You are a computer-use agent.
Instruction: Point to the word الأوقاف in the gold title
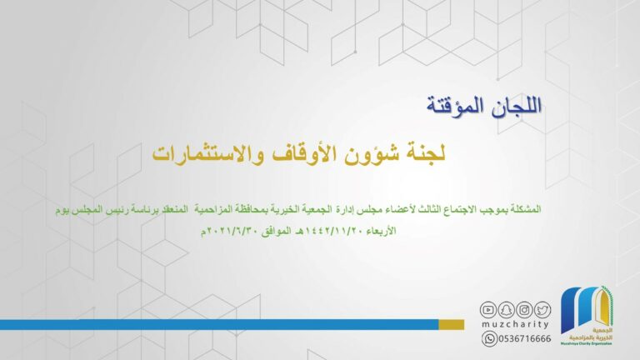click(300, 154)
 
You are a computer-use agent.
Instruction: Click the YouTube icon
click(487, 310)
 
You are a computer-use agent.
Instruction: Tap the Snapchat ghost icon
click(506, 310)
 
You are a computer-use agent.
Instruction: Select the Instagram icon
click(524, 310)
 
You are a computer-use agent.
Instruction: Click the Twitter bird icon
click(542, 310)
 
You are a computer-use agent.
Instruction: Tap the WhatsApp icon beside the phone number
click(489, 339)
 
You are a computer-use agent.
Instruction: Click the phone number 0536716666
click(524, 339)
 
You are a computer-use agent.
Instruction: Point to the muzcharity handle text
click(515, 324)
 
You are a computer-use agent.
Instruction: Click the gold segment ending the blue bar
click(452, 324)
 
